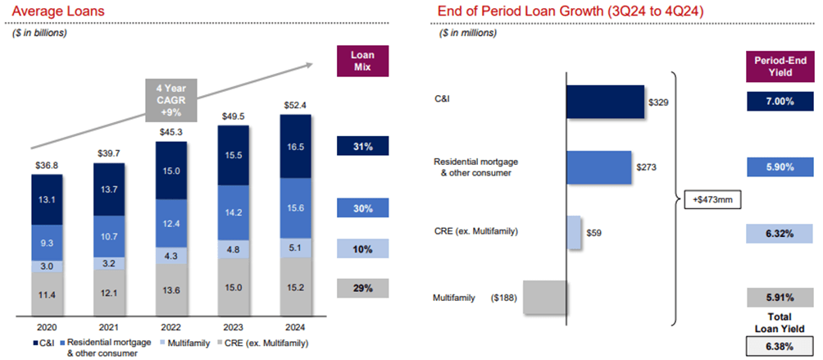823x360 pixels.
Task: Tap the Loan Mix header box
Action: [x=362, y=60]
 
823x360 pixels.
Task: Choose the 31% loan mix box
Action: [x=362, y=146]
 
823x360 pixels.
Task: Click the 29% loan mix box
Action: [x=362, y=288]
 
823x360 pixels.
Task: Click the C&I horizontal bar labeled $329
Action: [x=605, y=101]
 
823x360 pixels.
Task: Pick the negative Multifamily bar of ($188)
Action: [x=544, y=297]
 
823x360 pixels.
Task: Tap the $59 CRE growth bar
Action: [x=573, y=232]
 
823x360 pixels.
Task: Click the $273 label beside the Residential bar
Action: [x=648, y=166]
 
